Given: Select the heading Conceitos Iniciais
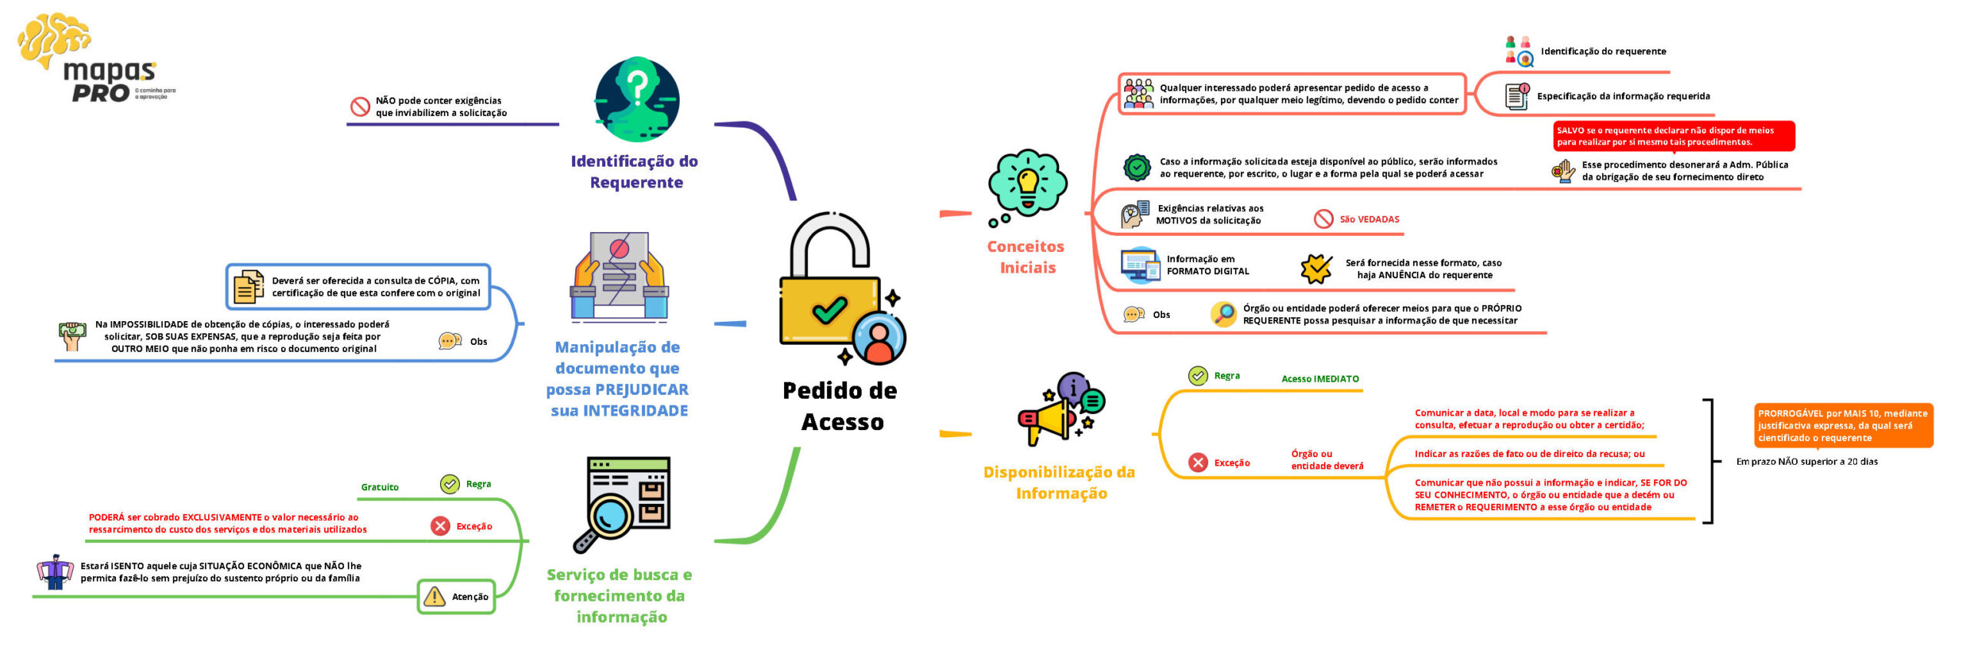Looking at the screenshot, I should click(x=1026, y=257).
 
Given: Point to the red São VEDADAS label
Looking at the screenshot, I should click(x=1369, y=220).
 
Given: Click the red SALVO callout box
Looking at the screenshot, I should click(x=1673, y=136).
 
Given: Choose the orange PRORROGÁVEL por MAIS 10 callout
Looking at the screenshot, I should click(x=1842, y=426).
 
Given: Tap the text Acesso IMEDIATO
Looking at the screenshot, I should click(x=1319, y=379).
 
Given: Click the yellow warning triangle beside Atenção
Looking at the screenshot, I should click(x=435, y=597).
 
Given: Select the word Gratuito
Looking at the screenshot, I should click(x=379, y=487).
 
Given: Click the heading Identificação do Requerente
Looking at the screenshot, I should click(x=634, y=171).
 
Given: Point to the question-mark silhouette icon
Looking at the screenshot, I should click(x=637, y=99).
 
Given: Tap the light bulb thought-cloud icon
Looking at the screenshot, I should click(x=1027, y=183).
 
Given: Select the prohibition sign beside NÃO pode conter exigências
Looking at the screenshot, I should click(x=360, y=107).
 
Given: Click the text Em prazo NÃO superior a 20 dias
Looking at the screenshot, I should click(x=1806, y=462).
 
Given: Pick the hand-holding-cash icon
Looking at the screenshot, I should click(x=72, y=336).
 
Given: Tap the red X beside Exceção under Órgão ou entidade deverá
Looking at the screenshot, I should click(x=1197, y=462).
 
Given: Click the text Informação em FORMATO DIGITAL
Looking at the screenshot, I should click(x=1207, y=265).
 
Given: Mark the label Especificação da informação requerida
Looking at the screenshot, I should click(x=1623, y=97).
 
